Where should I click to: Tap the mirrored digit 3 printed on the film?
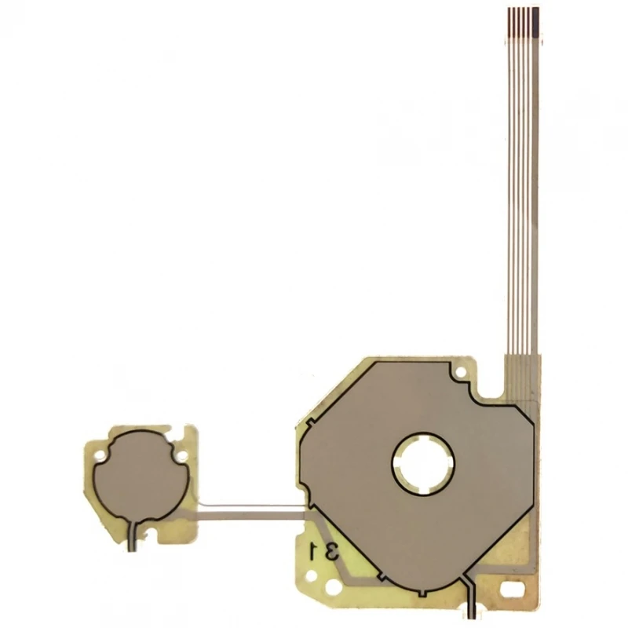click(x=331, y=551)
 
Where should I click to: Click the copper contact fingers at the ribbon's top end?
click(x=518, y=17)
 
